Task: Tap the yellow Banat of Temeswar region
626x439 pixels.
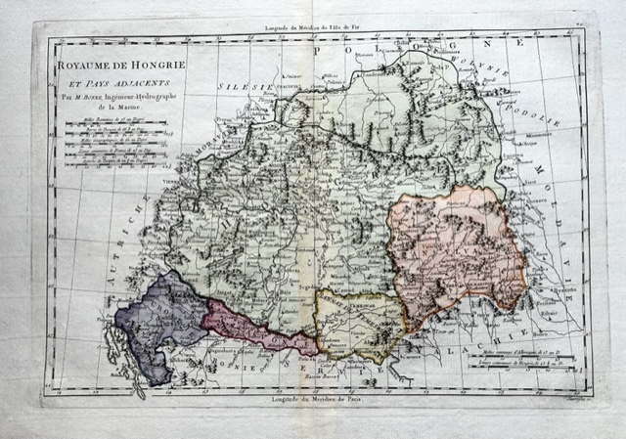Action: (x=360, y=323)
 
